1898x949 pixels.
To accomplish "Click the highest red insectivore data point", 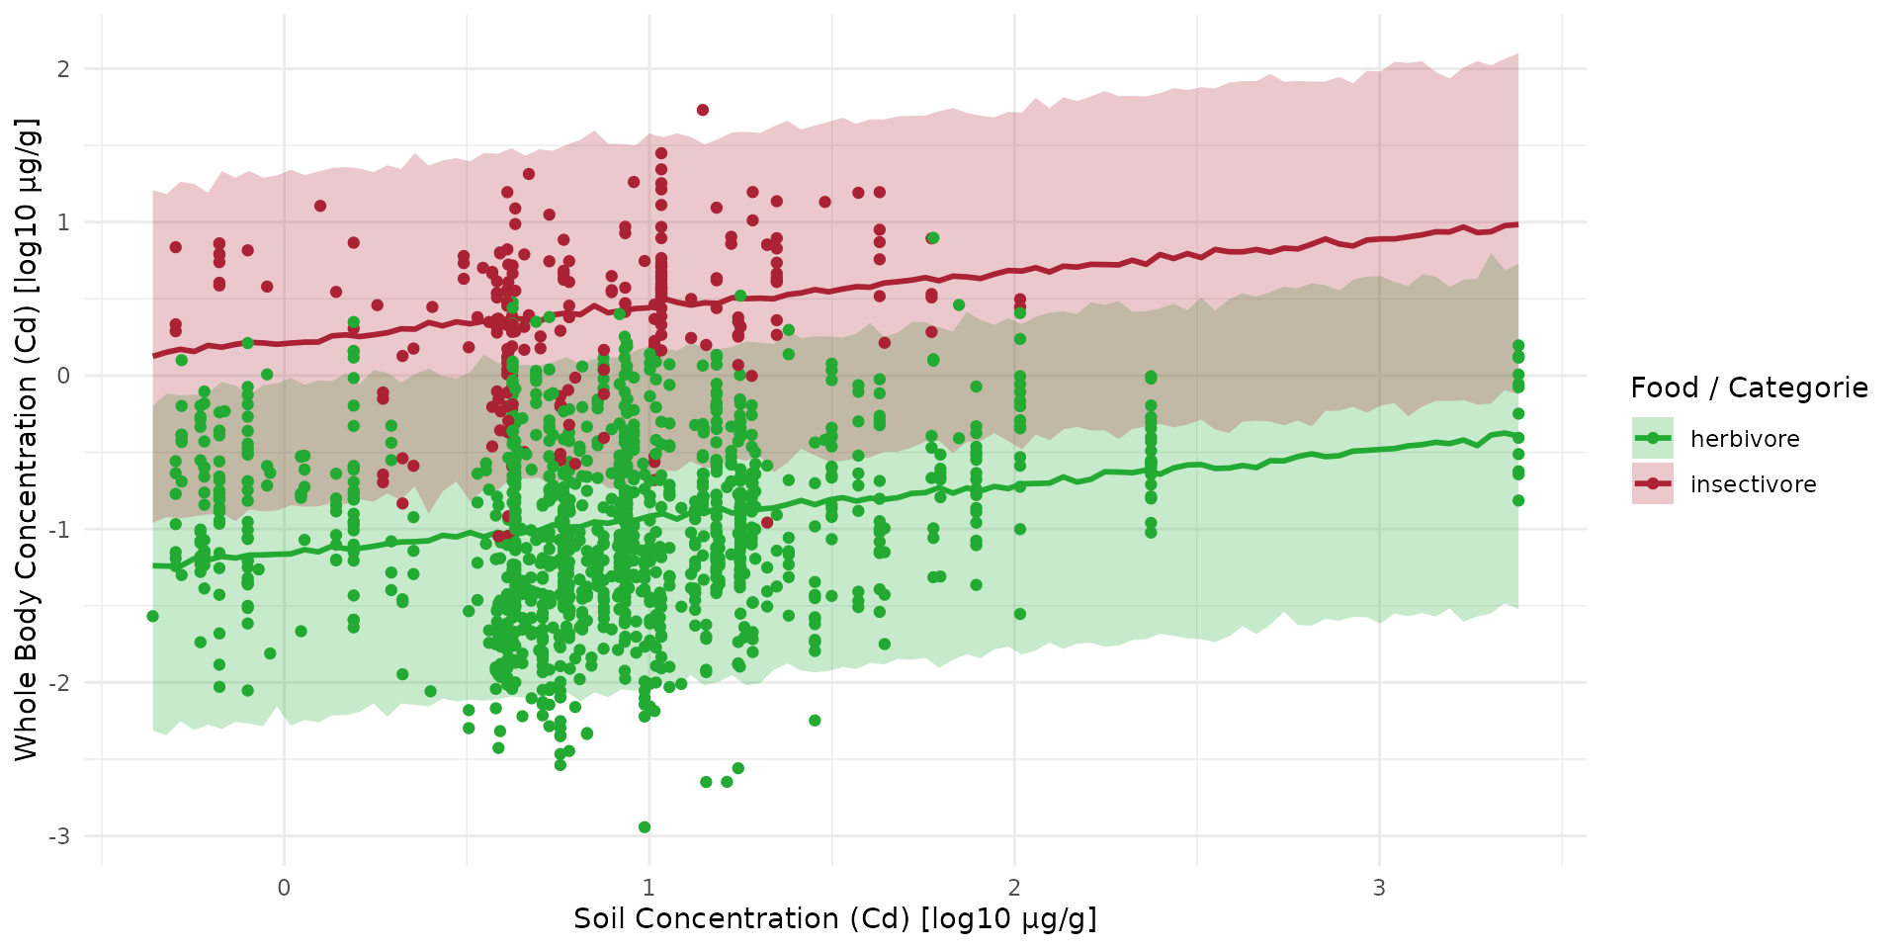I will pyautogui.click(x=702, y=110).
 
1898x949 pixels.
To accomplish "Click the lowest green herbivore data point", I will pyautogui.click(x=645, y=826).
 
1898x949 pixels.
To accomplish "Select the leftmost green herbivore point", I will pyautogui.click(x=152, y=616).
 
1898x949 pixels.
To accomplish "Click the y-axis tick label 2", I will pyautogui.click(x=63, y=69).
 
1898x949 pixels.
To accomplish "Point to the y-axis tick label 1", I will pyautogui.click(x=63, y=222).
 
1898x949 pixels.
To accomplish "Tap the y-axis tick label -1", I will pyautogui.click(x=60, y=529).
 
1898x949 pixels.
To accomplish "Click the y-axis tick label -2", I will pyautogui.click(x=60, y=682).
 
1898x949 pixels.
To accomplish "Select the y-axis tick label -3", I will pyautogui.click(x=60, y=836).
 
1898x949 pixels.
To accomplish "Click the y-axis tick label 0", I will pyautogui.click(x=63, y=376).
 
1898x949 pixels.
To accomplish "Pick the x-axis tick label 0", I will pyautogui.click(x=284, y=887).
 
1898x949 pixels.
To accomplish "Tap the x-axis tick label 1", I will pyautogui.click(x=648, y=887).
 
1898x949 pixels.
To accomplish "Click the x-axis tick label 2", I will pyautogui.click(x=1014, y=887).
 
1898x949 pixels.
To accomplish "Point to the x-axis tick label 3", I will pyautogui.click(x=1379, y=887).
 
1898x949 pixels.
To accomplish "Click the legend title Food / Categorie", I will pyautogui.click(x=1749, y=388).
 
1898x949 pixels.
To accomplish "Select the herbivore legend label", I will pyautogui.click(x=1745, y=439).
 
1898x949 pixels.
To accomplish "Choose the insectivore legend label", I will pyautogui.click(x=1753, y=484).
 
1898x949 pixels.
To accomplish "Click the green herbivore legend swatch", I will pyautogui.click(x=1652, y=438).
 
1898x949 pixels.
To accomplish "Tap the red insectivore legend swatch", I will pyautogui.click(x=1652, y=483).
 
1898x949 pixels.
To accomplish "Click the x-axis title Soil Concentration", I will pyautogui.click(x=834, y=918).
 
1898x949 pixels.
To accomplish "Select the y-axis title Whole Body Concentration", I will pyautogui.click(x=26, y=440).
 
